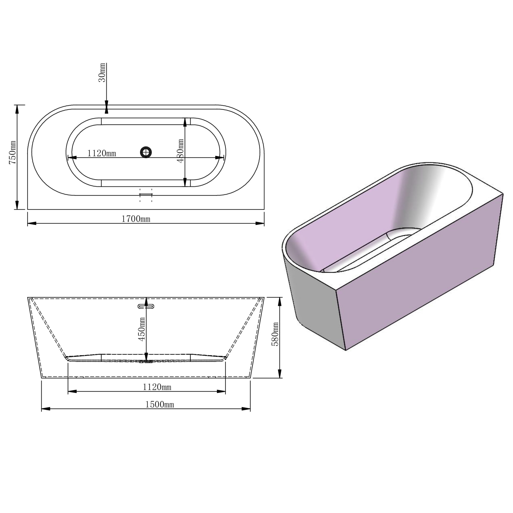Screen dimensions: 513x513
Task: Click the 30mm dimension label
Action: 102,72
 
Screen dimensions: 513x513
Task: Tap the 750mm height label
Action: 13,152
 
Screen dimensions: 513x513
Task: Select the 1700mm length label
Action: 136,219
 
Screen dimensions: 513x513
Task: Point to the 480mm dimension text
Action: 180,151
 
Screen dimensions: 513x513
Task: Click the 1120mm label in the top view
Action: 102,153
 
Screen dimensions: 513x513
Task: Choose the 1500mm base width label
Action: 160,404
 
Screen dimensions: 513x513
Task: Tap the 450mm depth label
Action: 142,329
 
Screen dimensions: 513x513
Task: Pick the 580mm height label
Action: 275,334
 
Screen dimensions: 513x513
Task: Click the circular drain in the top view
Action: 146,152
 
